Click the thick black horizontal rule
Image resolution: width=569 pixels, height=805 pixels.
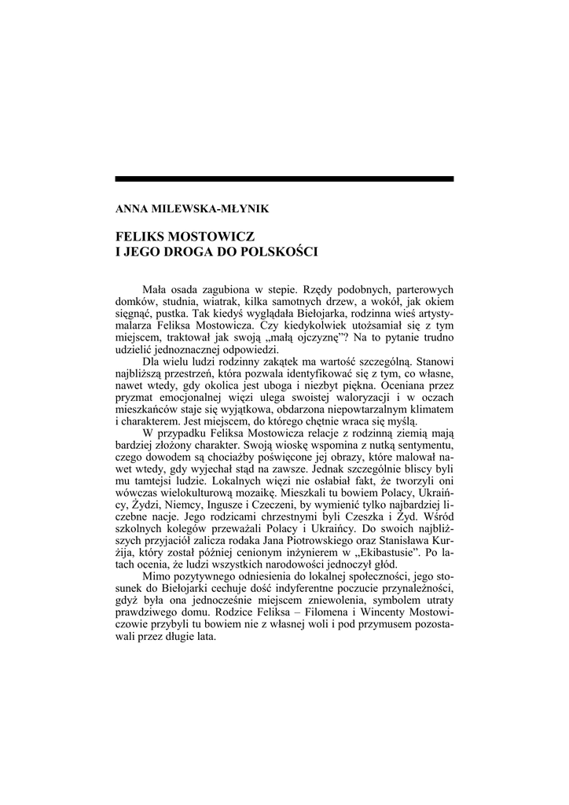284,179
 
